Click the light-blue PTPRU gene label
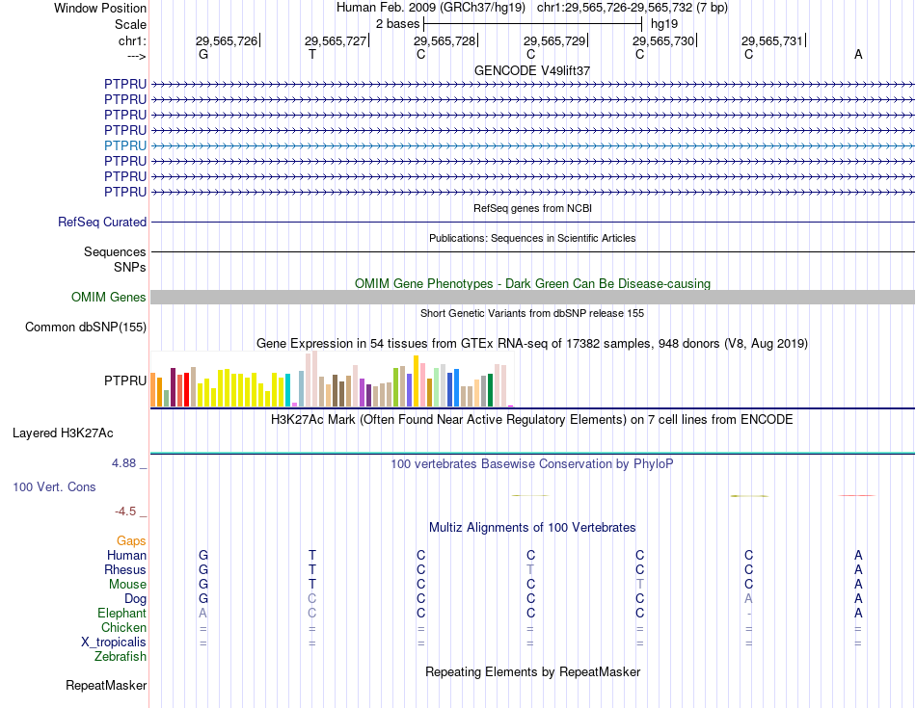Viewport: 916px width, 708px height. coord(125,145)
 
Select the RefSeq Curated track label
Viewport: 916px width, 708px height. coord(102,222)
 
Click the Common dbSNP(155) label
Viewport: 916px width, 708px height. coord(86,328)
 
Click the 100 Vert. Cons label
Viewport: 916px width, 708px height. coord(54,487)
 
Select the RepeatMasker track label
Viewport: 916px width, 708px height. coord(106,686)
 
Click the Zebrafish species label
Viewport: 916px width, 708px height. coord(121,657)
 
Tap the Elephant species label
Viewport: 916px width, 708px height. coord(121,614)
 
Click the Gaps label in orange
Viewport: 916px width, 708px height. coord(131,541)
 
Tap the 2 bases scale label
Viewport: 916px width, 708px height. coord(396,23)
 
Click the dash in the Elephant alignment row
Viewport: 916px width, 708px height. coord(749,614)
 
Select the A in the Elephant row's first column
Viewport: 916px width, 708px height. coord(202,614)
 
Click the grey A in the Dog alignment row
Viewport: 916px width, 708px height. coord(749,599)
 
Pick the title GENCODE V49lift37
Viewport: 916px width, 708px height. coord(532,71)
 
